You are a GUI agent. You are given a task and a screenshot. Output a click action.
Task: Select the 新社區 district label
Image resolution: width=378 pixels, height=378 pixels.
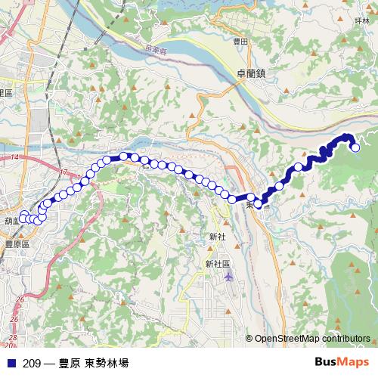(x=216, y=264)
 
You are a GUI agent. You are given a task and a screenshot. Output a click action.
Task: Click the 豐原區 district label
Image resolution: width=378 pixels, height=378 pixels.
(x=16, y=244)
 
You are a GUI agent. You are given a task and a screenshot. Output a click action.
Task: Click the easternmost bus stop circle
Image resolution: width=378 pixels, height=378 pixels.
(x=355, y=147)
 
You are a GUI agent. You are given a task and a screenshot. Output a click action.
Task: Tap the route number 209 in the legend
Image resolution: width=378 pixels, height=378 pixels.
(x=32, y=363)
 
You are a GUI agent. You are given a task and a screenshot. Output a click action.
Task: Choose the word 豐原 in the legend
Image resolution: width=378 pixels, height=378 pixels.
(x=70, y=363)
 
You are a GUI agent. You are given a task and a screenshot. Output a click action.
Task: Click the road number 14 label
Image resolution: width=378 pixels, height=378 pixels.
(x=14, y=157)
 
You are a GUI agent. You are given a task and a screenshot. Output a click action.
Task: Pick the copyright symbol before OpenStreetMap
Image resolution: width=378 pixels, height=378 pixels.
(x=249, y=339)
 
